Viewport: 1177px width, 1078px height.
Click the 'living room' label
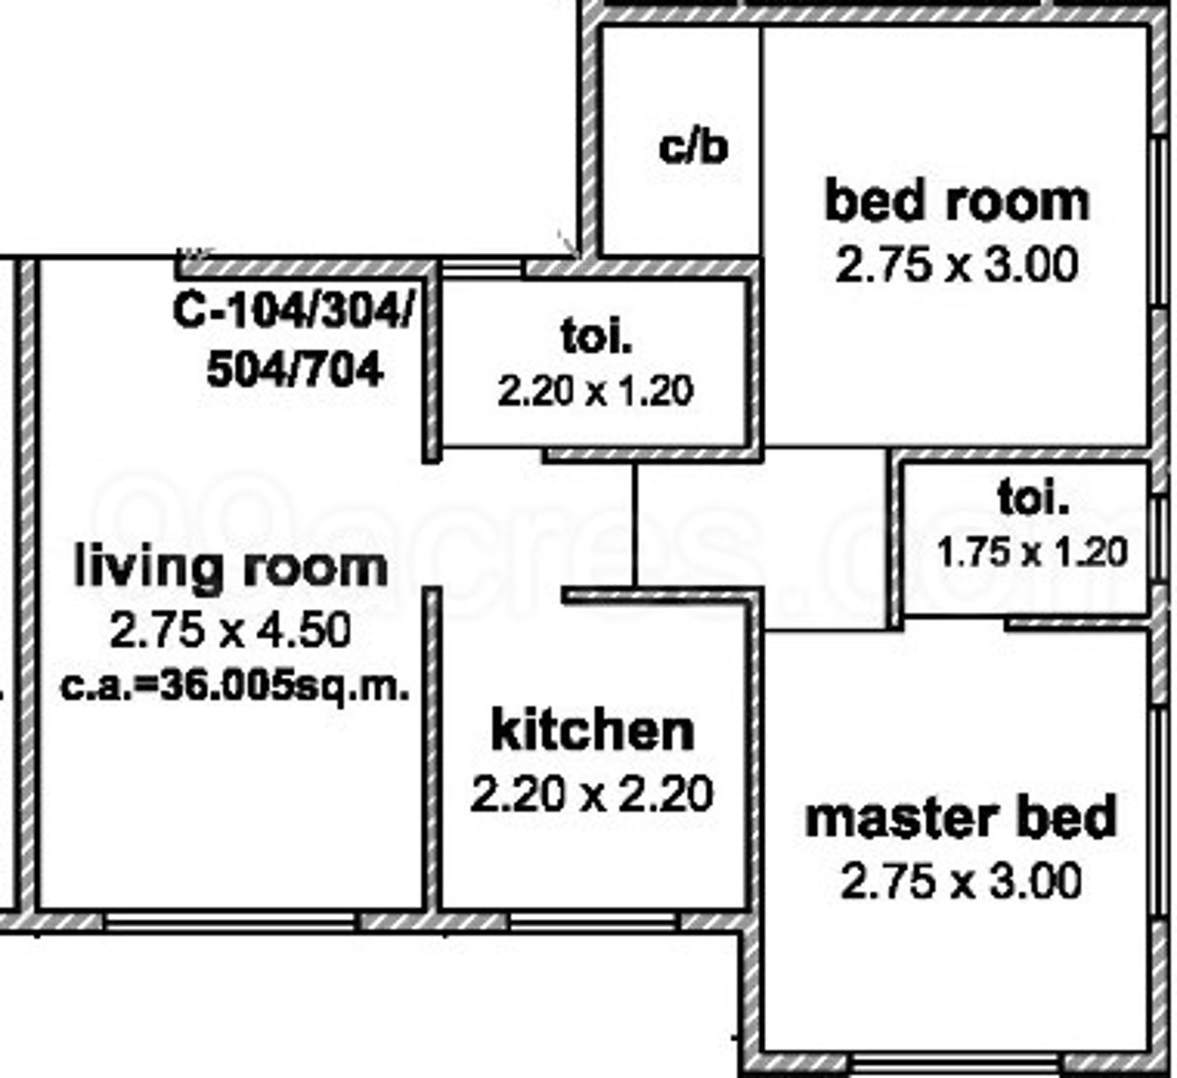click(231, 567)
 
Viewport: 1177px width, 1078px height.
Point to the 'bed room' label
click(957, 201)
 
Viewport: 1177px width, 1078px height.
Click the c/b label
click(692, 147)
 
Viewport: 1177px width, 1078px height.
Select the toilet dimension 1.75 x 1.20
click(1032, 552)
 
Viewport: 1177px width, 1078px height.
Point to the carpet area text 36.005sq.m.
click(284, 687)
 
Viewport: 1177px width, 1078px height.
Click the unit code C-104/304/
click(293, 311)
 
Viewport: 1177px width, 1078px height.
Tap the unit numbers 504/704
click(295, 369)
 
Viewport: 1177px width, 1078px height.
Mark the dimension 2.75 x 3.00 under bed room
click(956, 265)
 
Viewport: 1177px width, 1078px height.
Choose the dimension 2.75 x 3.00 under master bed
click(960, 881)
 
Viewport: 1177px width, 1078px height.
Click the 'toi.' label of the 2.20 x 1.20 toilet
click(596, 336)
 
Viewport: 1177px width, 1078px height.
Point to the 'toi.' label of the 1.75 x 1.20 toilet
click(1033, 499)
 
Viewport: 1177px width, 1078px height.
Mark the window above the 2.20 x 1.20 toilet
click(482, 268)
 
